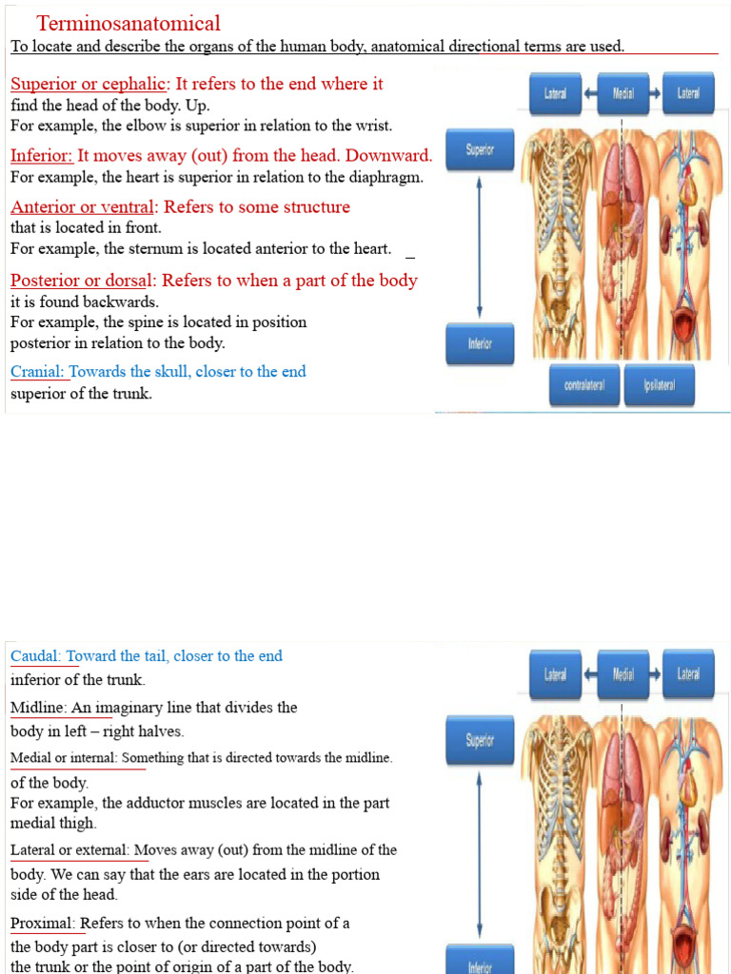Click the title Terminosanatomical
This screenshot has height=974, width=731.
[x=128, y=24]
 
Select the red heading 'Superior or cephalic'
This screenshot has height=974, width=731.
[x=89, y=84]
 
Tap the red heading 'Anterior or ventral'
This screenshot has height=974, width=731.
[x=82, y=206]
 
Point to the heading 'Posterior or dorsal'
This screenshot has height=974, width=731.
[x=85, y=280]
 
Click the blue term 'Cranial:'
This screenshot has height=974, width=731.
[x=38, y=371]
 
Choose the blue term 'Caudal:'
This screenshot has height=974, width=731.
[x=36, y=655]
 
